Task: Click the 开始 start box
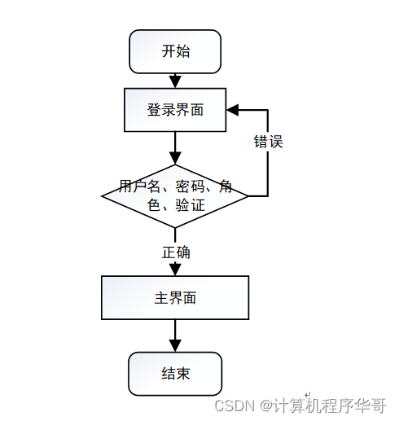point(175,51)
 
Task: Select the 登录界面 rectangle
point(175,110)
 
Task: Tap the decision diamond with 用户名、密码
point(175,195)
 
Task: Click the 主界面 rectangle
point(175,298)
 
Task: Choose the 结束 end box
point(175,374)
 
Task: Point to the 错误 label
point(268,142)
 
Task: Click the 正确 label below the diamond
point(176,252)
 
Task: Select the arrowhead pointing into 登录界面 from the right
point(233,110)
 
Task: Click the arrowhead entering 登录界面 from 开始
point(175,81)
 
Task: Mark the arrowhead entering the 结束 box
point(175,346)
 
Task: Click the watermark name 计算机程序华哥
point(329,405)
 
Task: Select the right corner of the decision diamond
point(248,196)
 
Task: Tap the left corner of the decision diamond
point(103,196)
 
